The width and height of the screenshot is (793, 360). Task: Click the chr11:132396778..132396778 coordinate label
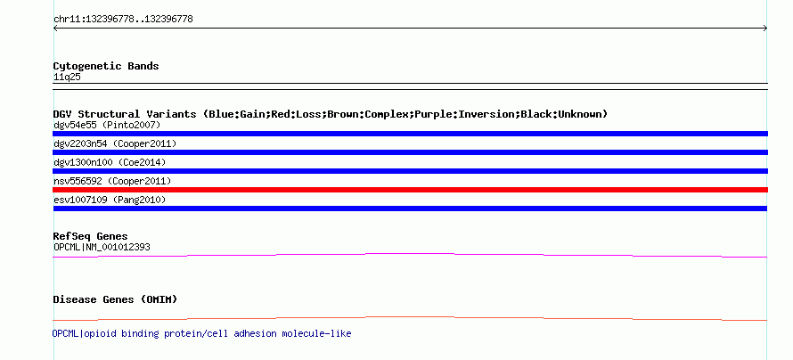click(123, 20)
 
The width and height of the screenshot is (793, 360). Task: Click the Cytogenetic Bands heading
click(106, 66)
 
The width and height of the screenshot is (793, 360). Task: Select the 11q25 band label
click(67, 78)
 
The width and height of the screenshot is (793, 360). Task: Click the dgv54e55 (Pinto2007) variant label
click(107, 125)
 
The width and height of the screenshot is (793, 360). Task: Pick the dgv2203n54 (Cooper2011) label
click(115, 143)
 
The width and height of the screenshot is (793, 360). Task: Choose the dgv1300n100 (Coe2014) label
click(110, 162)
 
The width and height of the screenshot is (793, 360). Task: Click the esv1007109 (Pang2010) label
click(110, 200)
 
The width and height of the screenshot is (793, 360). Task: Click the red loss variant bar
click(410, 190)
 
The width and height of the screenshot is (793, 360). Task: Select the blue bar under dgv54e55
click(410, 134)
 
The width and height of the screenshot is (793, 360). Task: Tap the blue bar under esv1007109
click(410, 209)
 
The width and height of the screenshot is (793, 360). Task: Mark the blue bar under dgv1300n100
click(410, 171)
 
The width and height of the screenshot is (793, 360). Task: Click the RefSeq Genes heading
click(90, 236)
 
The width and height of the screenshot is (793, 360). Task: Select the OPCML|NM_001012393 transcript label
click(102, 247)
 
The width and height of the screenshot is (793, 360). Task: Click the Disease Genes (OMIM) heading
click(115, 299)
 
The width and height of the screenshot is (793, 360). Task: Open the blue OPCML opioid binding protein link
click(201, 333)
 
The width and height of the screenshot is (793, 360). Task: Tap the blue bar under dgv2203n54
click(410, 152)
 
